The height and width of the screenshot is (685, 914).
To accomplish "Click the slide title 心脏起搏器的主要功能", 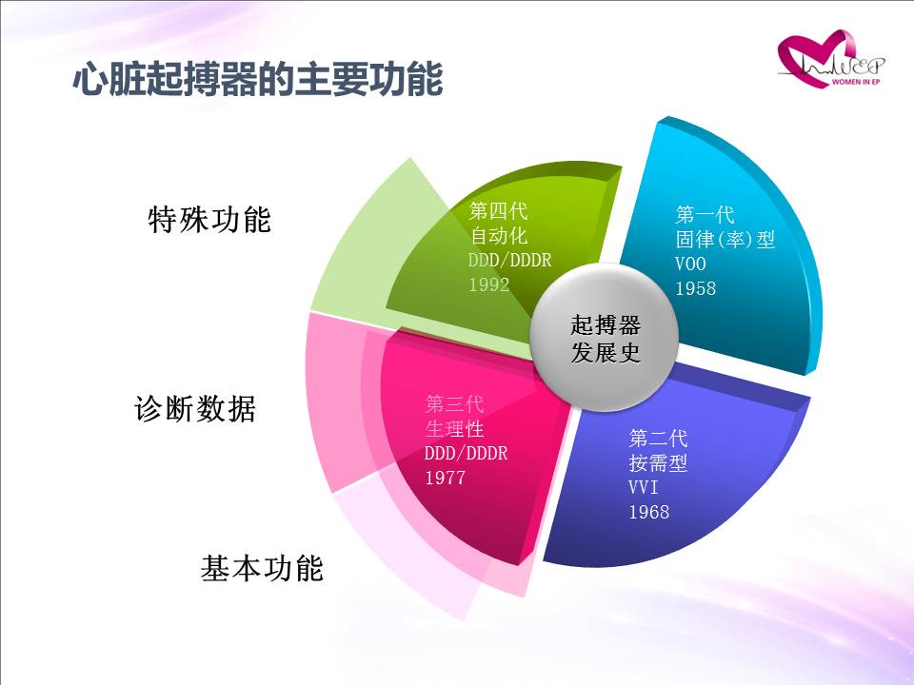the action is [258, 79].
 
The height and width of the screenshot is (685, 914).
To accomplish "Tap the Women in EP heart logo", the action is [830, 59].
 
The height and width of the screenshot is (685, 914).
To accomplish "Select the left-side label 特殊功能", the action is [209, 220].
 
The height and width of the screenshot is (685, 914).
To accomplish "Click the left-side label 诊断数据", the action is [195, 408].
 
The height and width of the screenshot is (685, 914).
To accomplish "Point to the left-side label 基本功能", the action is [262, 568].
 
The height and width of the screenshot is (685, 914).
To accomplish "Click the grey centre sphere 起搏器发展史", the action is [605, 338].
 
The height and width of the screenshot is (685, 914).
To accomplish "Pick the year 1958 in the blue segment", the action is [695, 287].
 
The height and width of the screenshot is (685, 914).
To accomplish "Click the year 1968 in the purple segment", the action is [648, 512].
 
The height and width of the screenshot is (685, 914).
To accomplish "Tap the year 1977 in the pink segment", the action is [446, 478].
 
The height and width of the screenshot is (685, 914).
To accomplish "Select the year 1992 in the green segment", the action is [489, 284].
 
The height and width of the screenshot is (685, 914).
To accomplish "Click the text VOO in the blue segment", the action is [691, 264].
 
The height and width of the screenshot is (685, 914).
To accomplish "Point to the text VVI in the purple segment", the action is [644, 487].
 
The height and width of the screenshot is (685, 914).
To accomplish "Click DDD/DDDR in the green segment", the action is [510, 260].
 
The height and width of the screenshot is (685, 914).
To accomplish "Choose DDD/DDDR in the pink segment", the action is [467, 453].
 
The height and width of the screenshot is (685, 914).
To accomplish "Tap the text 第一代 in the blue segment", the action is [705, 214].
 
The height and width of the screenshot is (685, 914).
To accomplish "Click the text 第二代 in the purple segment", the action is [658, 438].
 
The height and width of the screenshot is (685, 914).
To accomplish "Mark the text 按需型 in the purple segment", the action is [658, 462].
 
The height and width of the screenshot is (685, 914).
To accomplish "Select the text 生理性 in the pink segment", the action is [455, 429].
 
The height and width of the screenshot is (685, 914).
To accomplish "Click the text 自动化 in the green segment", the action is [498, 235].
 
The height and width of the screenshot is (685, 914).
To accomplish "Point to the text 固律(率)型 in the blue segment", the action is [725, 239].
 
